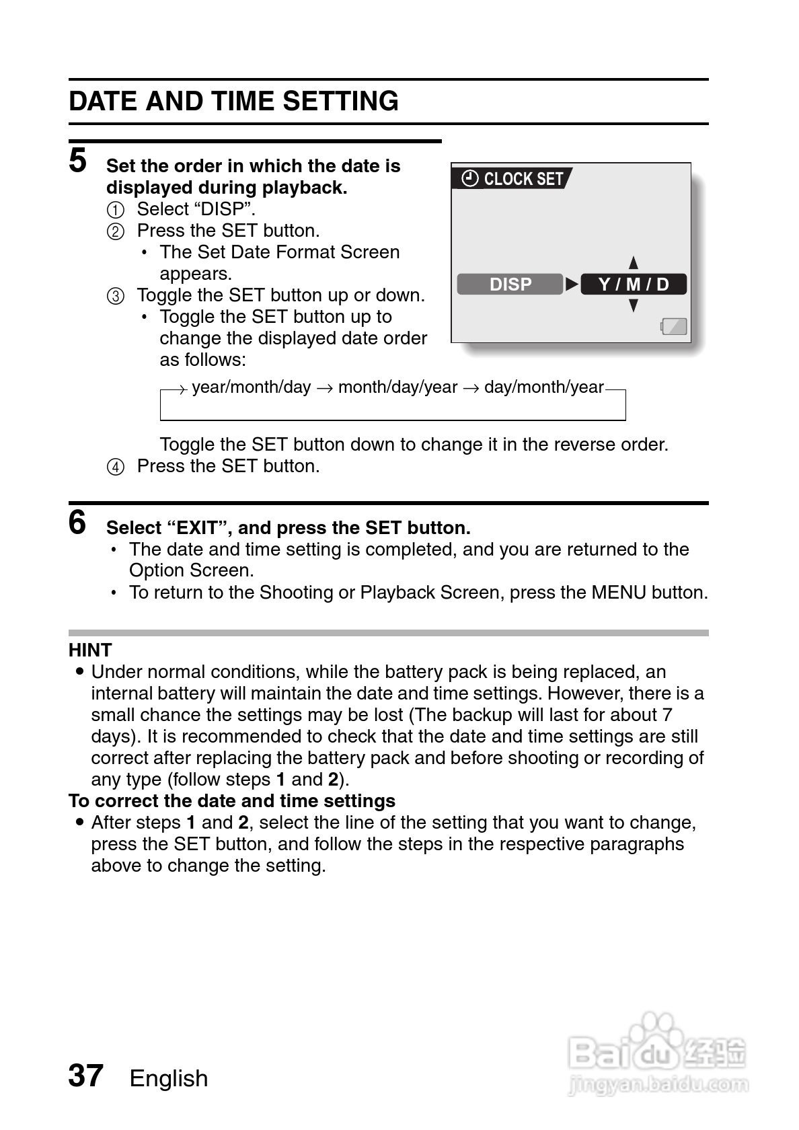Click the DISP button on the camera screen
click(510, 285)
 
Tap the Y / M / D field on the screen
click(634, 285)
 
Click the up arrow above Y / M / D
click(633, 263)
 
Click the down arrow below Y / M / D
click(633, 306)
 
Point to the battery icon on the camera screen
click(674, 327)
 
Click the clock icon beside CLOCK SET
click(471, 179)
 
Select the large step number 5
click(78, 161)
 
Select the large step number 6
click(78, 523)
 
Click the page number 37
click(85, 1076)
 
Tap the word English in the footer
click(169, 1078)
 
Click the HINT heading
click(90, 650)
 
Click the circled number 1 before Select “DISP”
click(116, 211)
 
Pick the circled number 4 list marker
click(116, 467)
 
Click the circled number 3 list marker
click(116, 297)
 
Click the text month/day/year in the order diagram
click(397, 387)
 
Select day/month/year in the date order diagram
click(543, 387)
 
